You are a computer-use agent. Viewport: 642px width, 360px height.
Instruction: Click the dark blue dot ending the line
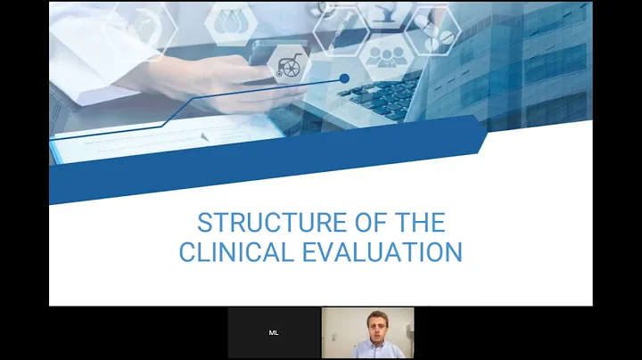pos(344,79)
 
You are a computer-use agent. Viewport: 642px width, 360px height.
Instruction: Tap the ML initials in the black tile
pos(274,332)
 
